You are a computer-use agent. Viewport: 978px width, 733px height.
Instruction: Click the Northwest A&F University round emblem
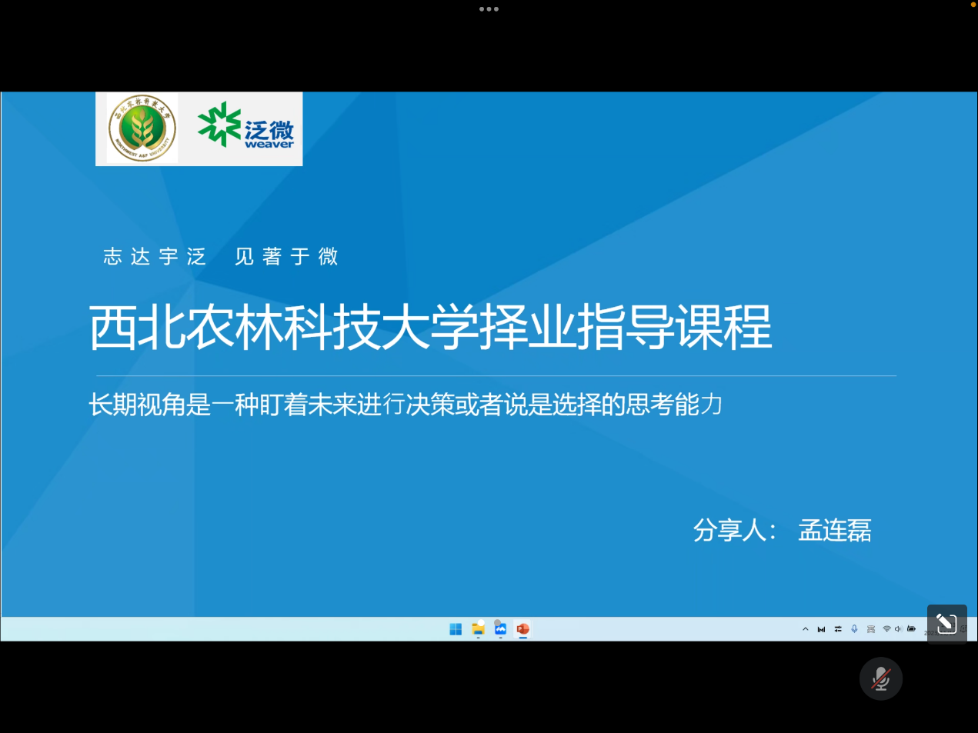point(142,128)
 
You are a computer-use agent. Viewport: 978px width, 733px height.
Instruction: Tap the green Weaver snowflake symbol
point(219,124)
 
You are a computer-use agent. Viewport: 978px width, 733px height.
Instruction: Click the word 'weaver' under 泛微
point(269,144)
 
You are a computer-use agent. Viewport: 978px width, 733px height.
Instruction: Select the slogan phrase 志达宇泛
point(155,256)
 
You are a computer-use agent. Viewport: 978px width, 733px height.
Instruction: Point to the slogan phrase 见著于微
point(286,256)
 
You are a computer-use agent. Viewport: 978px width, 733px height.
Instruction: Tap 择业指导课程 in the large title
point(625,328)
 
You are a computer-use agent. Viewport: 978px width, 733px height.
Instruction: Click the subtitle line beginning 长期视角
point(406,404)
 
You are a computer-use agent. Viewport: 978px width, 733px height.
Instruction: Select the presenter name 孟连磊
point(835,530)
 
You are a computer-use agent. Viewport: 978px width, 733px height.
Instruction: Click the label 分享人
point(731,530)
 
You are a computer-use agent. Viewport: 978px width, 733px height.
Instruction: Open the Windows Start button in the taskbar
point(456,629)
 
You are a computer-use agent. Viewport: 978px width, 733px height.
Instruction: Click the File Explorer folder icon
point(478,629)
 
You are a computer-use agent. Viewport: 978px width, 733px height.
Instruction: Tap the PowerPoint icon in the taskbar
point(522,629)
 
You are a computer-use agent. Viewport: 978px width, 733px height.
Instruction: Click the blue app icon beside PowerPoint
point(500,629)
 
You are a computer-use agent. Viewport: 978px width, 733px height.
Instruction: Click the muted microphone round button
point(881,678)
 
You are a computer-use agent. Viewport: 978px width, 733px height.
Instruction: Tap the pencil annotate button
point(946,624)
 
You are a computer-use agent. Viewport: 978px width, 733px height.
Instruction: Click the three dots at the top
point(489,9)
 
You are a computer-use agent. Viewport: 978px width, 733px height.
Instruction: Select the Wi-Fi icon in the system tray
point(886,629)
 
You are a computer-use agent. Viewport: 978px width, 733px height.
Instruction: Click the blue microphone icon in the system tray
point(854,629)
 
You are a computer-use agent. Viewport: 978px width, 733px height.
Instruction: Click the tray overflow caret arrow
point(806,629)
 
